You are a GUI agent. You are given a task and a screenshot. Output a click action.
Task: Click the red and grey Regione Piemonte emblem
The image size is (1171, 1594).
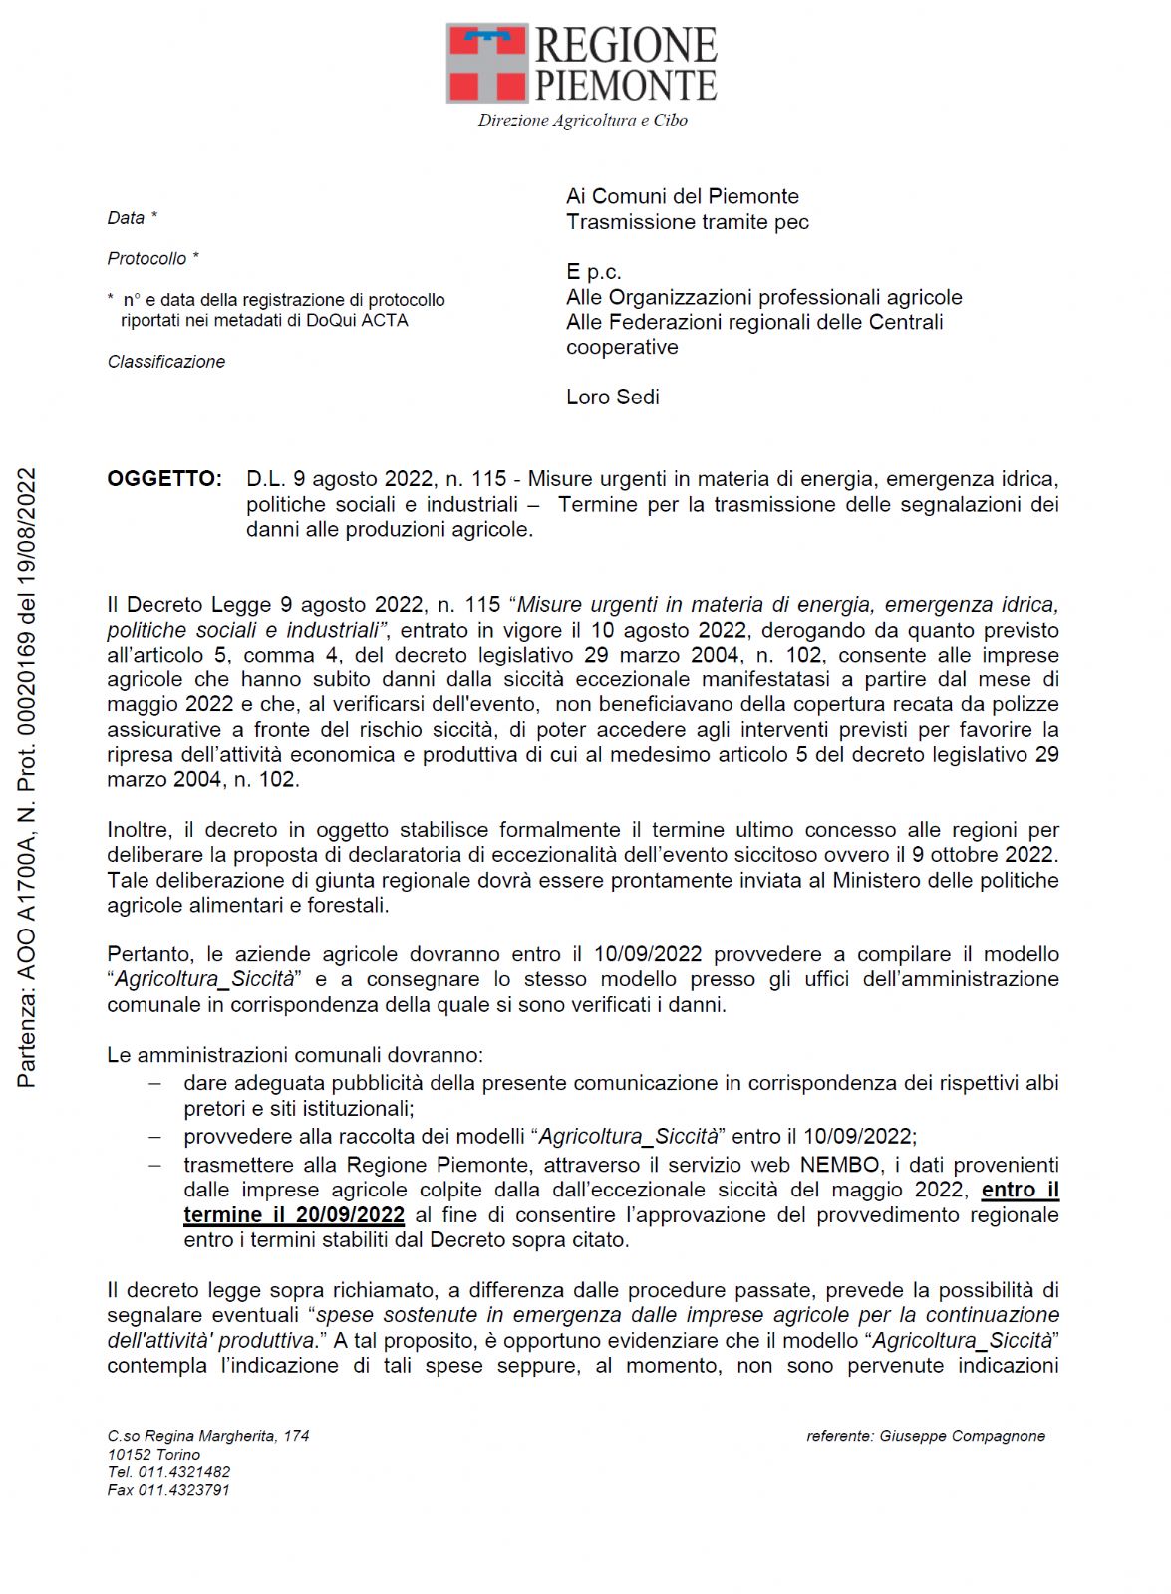coord(487,64)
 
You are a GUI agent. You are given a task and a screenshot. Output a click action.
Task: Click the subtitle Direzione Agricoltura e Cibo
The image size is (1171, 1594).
coord(582,121)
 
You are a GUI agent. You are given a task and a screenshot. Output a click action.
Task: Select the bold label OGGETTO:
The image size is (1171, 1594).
coord(164,479)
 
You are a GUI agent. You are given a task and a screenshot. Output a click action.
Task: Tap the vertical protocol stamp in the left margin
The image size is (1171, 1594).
coord(27,777)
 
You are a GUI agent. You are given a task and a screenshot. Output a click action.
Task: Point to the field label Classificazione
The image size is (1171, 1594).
coord(166,362)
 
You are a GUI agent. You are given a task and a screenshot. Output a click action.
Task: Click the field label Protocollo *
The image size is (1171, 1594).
coord(152,259)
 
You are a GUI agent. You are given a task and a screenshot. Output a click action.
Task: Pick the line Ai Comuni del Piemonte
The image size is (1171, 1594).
coord(683,196)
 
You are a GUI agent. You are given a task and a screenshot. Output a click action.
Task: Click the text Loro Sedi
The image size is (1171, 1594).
coord(613,398)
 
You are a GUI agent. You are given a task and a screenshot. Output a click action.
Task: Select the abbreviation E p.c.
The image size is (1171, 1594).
coord(593,272)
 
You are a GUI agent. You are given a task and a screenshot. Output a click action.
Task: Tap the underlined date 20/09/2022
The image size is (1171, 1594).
coord(350,1215)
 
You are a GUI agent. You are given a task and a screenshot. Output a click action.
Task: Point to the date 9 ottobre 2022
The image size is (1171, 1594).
coord(983,855)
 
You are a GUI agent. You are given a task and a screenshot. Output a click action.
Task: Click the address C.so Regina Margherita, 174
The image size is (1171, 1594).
coord(208,1436)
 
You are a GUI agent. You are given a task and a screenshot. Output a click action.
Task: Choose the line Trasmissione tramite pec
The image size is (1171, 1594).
coord(688,222)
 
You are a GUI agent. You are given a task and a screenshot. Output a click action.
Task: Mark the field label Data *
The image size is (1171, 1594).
coord(133,218)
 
